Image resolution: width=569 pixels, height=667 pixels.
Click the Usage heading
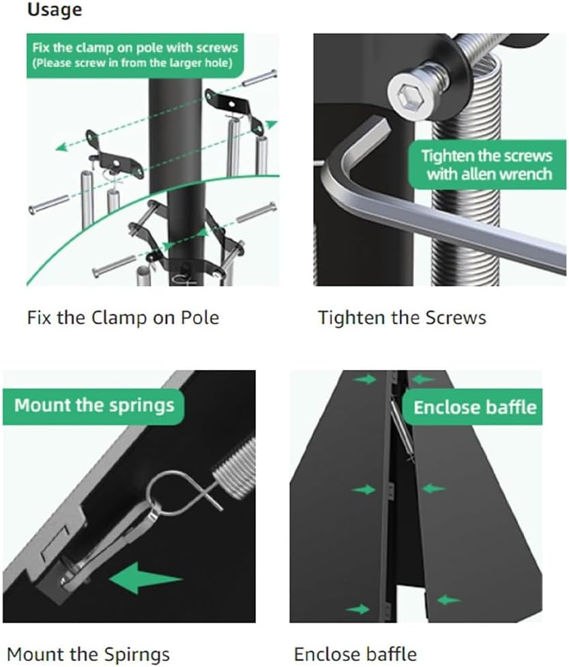54,10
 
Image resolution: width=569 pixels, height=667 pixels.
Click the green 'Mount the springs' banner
94,405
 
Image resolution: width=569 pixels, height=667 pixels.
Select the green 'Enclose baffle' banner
475,408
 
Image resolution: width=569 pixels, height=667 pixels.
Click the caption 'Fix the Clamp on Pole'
123,317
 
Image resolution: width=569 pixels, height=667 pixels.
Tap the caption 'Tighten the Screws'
401,317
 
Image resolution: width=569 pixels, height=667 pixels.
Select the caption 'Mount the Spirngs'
88,654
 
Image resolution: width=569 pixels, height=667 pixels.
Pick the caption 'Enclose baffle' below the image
355,654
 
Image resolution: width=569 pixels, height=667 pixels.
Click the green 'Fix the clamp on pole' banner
134,54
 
